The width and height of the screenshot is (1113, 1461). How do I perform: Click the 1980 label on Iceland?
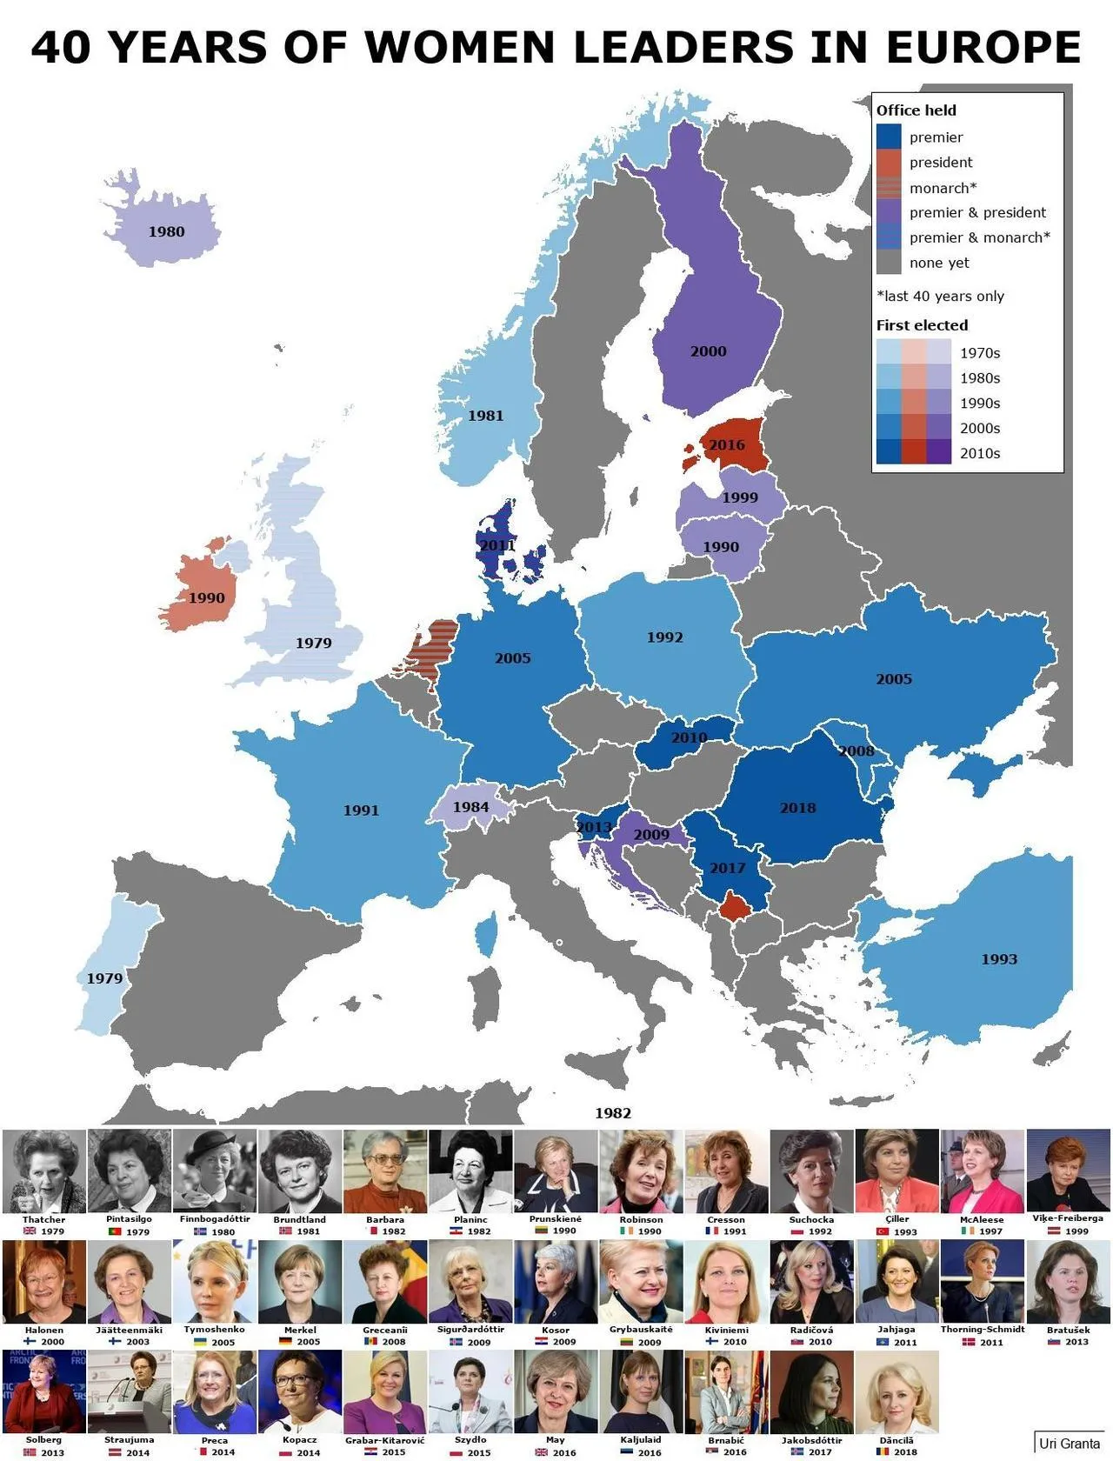(166, 231)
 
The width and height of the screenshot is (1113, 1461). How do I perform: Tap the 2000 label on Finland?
(708, 351)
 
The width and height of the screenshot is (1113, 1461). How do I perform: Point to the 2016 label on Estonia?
(726, 445)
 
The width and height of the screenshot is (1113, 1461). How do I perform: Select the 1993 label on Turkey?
(998, 959)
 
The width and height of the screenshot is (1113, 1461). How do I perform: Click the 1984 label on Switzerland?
(470, 807)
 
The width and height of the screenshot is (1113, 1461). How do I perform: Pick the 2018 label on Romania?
(797, 808)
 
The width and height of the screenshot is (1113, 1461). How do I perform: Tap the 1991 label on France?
(361, 811)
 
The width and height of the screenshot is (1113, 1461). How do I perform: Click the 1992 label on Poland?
(664, 637)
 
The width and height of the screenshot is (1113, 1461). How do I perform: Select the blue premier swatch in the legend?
(889, 137)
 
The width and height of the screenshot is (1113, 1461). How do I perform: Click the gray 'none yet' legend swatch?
(889, 263)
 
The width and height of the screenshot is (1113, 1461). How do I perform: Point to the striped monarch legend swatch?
(889, 188)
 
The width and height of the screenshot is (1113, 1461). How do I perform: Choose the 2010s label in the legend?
(979, 453)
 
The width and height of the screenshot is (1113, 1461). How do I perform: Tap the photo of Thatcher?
(44, 1171)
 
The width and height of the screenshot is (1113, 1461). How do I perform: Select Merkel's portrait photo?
(300, 1282)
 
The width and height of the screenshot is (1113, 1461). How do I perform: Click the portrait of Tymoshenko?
(215, 1282)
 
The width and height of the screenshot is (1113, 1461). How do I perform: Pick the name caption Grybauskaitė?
(641, 1330)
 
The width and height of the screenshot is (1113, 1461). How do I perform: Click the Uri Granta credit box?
(1069, 1444)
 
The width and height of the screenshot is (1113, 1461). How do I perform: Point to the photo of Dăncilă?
(896, 1392)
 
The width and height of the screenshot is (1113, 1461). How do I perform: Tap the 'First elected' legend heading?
(922, 325)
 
